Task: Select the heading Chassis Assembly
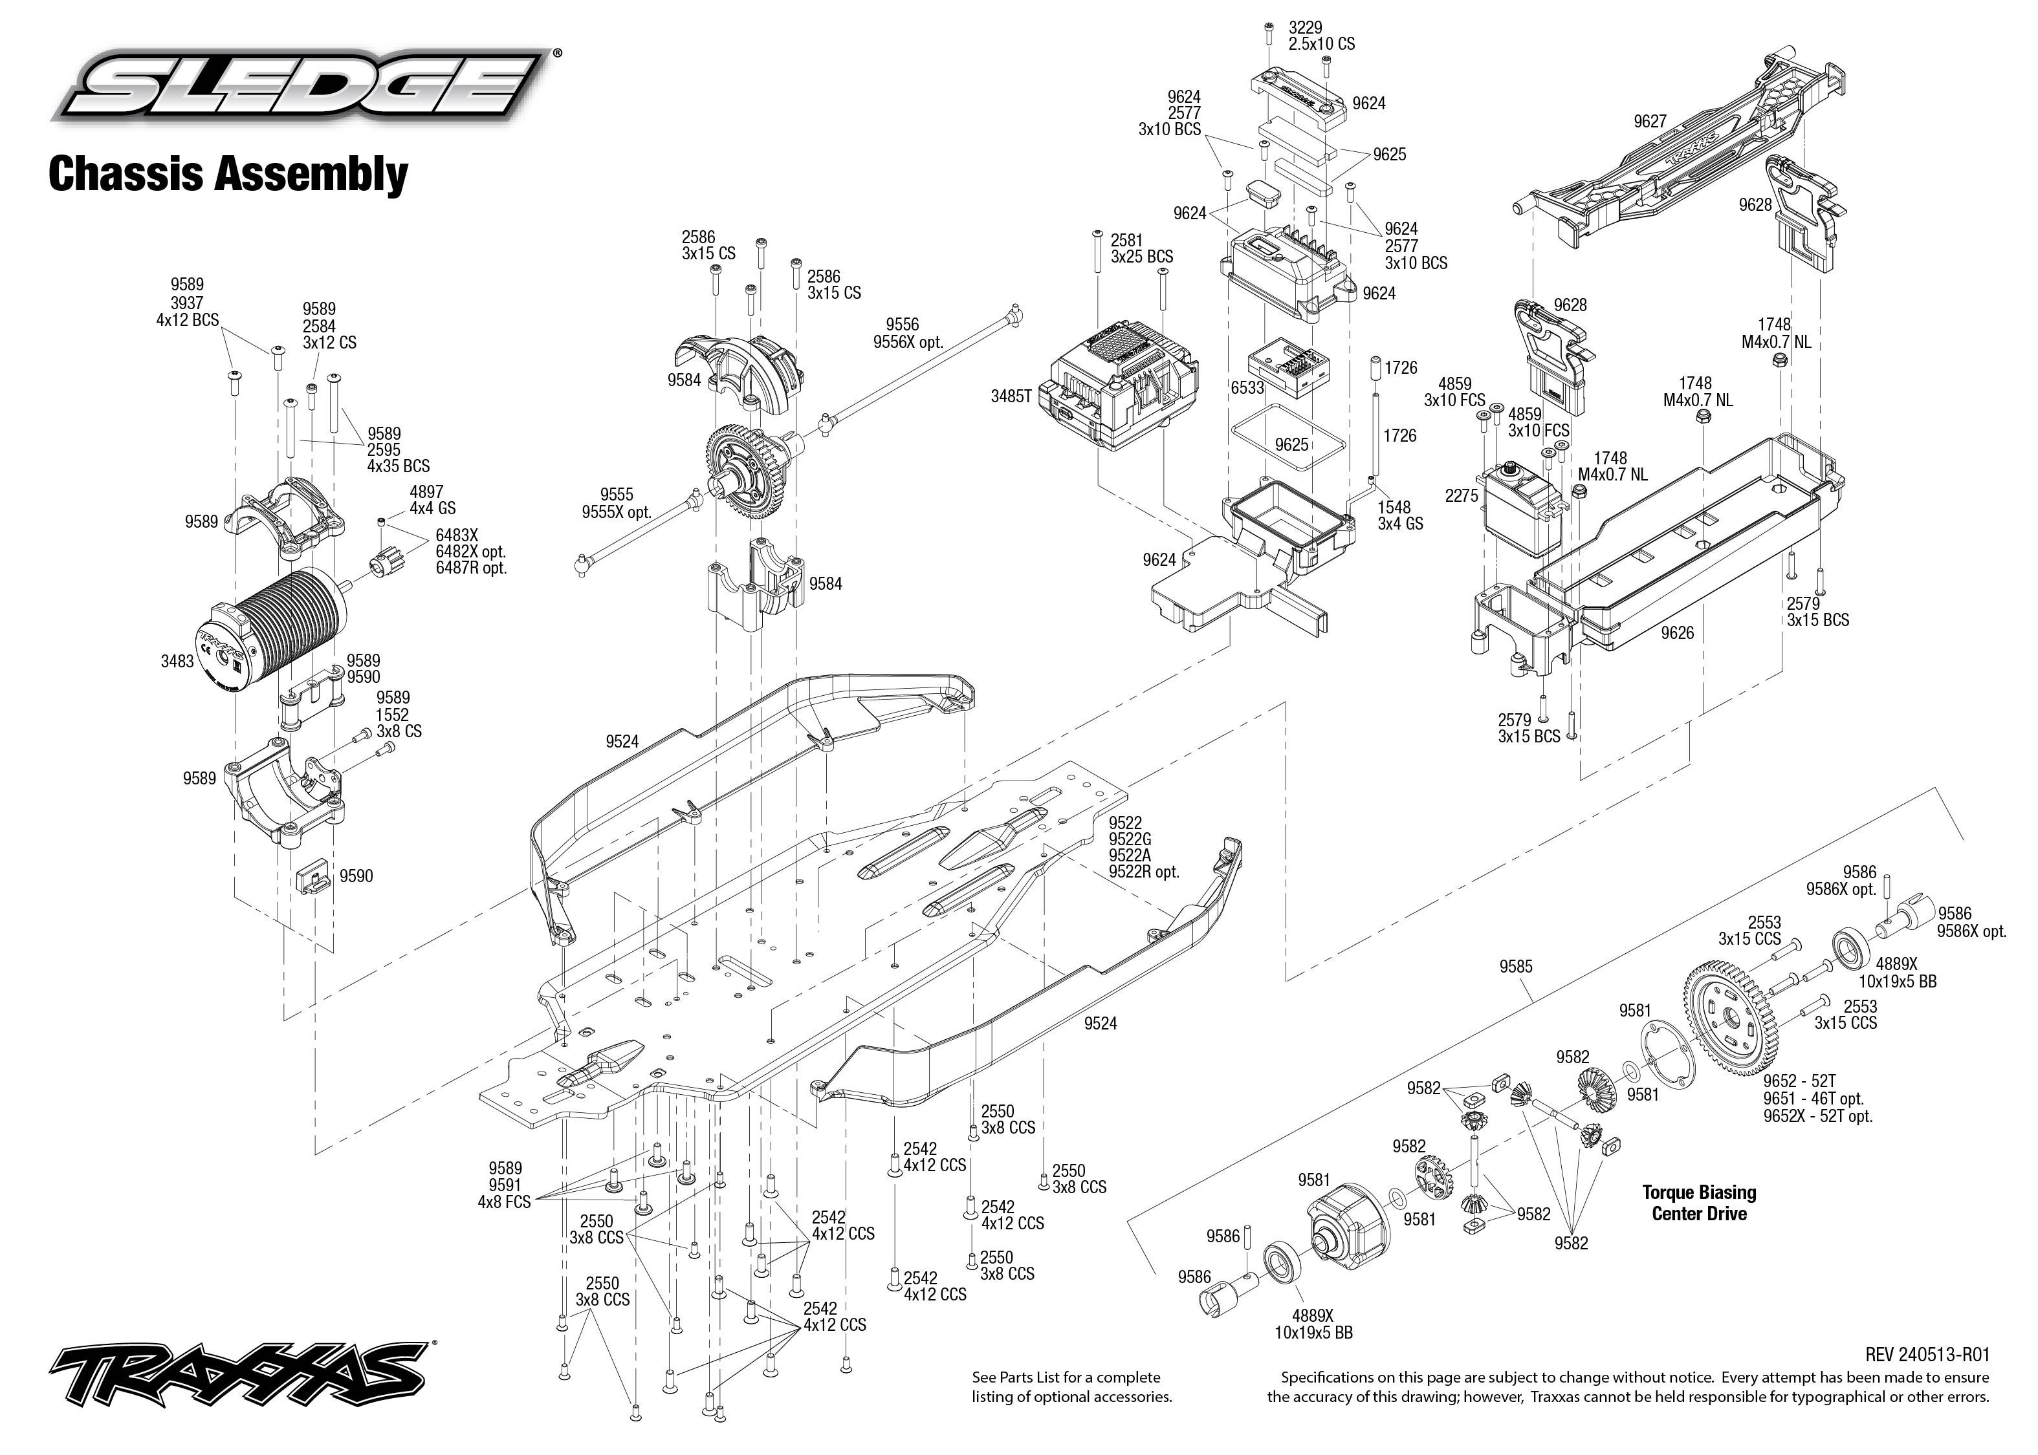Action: (228, 174)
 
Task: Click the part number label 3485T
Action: (1011, 396)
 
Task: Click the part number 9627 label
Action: (1649, 122)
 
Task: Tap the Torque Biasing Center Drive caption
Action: (1698, 1202)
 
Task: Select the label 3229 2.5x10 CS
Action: (1321, 36)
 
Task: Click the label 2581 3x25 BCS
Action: (1141, 248)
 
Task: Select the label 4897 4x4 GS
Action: (432, 500)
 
